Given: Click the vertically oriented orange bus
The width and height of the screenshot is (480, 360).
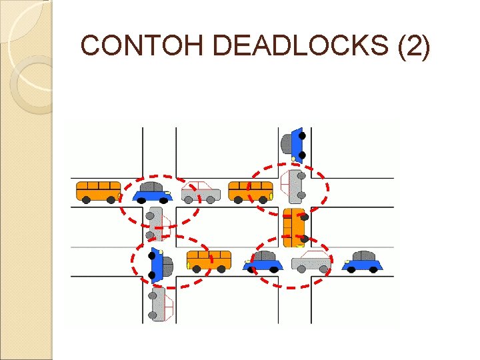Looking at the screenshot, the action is coord(294,227).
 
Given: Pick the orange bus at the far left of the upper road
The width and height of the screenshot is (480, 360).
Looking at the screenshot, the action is coord(98,191).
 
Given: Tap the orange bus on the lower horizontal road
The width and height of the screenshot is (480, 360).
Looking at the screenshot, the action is coord(209,260).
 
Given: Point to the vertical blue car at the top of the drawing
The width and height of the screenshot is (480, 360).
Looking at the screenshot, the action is coord(293,144).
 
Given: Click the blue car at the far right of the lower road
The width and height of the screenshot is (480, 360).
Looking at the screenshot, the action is coord(362,261).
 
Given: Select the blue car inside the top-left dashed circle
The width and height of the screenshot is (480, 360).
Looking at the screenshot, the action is coord(153,192).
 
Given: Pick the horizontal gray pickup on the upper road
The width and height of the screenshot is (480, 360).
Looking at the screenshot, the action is coord(201,192).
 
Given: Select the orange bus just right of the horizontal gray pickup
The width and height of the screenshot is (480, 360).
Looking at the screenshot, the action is coord(251,191).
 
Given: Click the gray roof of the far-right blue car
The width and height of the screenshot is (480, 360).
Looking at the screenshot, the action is coord(363,255).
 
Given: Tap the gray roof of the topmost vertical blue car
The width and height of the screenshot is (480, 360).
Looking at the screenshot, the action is coord(287,143).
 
